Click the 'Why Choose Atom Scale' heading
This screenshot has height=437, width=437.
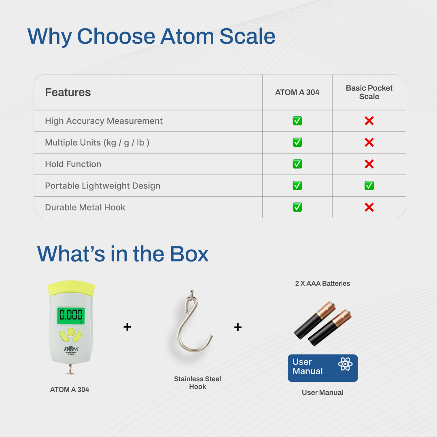(x=151, y=36)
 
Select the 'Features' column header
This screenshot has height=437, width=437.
(x=68, y=92)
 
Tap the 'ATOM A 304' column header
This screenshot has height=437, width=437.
(x=297, y=92)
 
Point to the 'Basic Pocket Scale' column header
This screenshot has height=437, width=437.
(x=369, y=92)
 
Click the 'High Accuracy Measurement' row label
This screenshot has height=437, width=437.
(x=104, y=121)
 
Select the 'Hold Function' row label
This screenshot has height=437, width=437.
(x=73, y=164)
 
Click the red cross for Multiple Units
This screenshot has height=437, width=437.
(x=369, y=142)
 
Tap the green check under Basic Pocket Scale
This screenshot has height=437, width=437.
(x=369, y=186)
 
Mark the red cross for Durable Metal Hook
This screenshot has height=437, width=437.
(x=369, y=207)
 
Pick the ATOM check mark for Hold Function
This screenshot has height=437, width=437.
(x=297, y=164)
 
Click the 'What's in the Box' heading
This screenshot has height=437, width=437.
(x=123, y=254)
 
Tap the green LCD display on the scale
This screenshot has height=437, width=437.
(x=71, y=316)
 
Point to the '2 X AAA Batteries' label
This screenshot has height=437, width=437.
(x=322, y=283)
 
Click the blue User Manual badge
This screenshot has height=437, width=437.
(x=322, y=368)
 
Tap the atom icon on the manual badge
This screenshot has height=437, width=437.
(x=345, y=364)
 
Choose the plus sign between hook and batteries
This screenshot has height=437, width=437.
(x=238, y=327)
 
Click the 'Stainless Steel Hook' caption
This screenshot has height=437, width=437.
(x=197, y=383)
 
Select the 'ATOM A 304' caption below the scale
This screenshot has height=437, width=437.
(x=70, y=390)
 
